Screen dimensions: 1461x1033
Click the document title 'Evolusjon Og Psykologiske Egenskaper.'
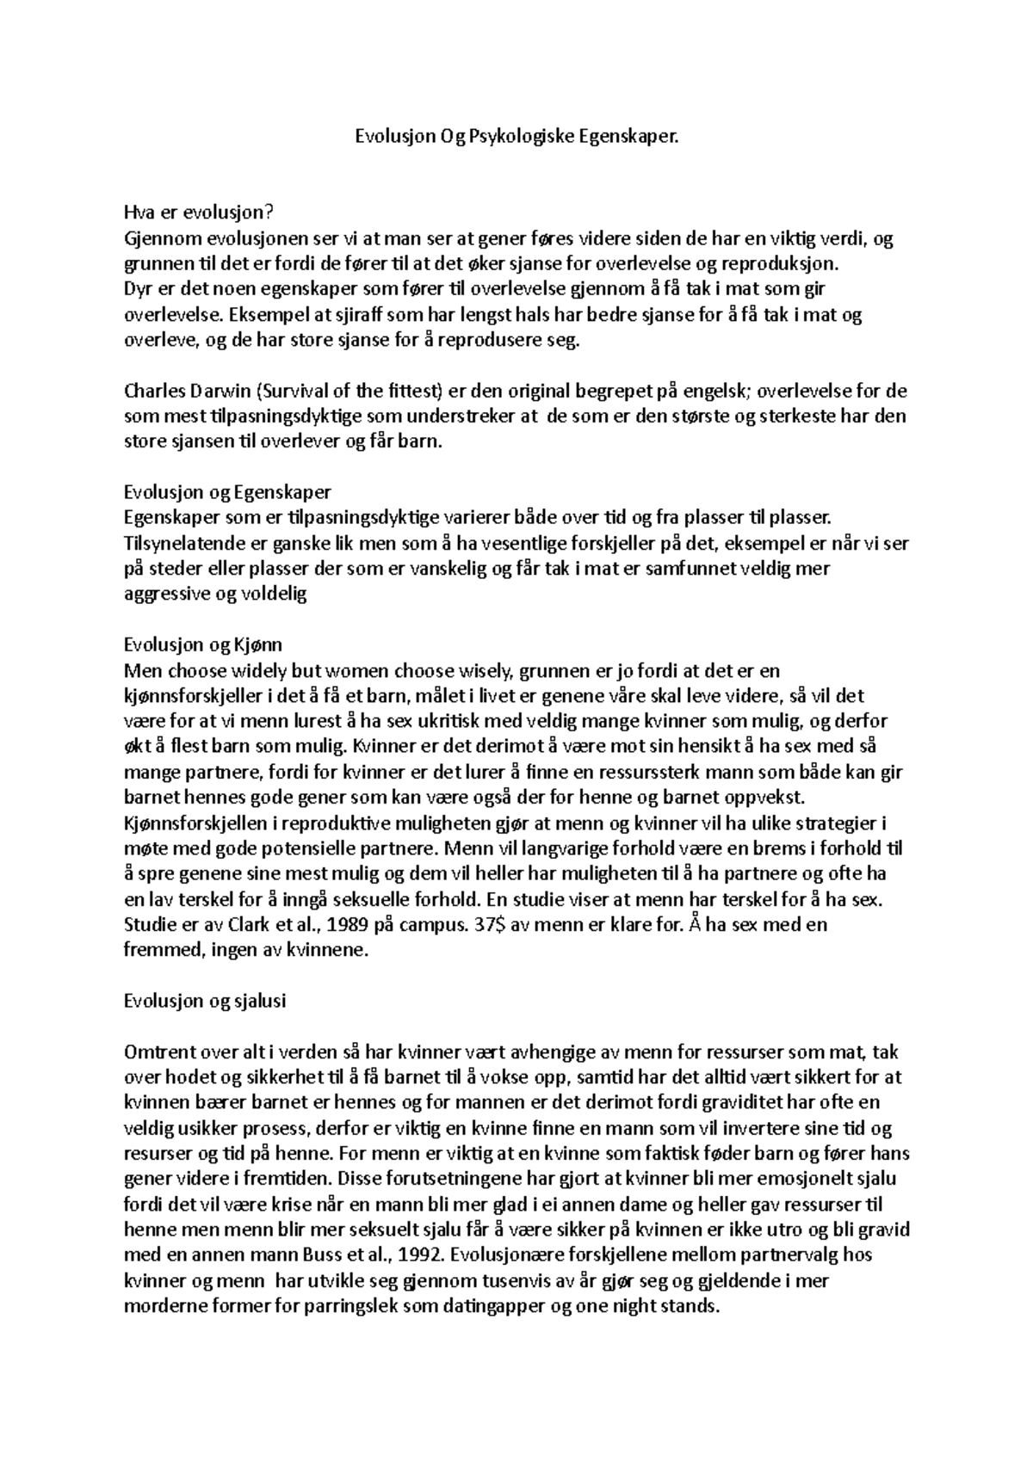pyautogui.click(x=516, y=136)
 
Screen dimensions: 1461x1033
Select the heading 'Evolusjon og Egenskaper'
pyautogui.click(x=227, y=492)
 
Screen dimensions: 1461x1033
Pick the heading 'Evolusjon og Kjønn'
pyautogui.click(x=203, y=644)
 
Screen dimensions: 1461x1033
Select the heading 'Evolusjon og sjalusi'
pyautogui.click(x=205, y=1001)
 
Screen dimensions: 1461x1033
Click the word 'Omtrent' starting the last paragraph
pyautogui.click(x=154, y=1051)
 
